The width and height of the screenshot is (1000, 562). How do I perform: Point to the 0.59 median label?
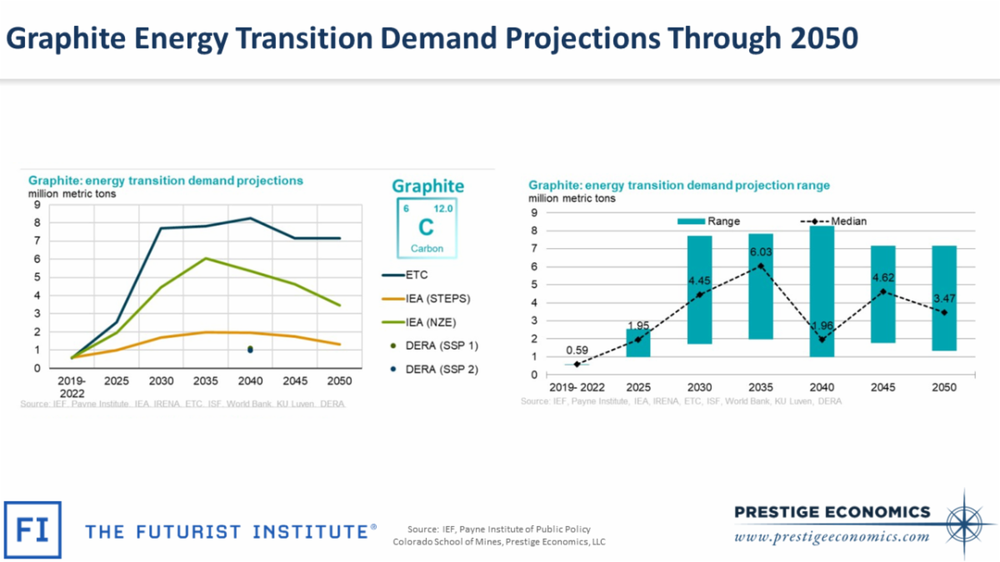click(577, 351)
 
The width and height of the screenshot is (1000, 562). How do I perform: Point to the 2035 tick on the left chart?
click(205, 380)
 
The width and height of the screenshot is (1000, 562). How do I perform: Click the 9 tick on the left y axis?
click(37, 204)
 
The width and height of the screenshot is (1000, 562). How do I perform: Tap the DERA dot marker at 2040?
click(250, 350)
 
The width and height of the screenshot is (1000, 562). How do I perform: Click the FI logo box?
click(32, 530)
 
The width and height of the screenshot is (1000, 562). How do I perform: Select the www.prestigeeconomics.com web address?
click(832, 537)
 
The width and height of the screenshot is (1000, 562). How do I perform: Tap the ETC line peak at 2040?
click(250, 218)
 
